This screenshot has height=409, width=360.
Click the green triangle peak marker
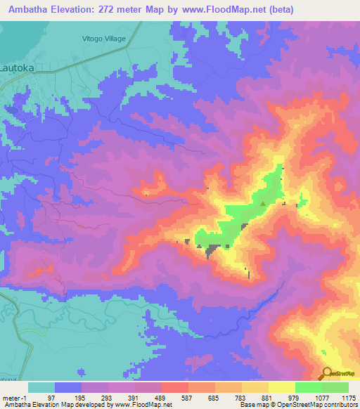click(263, 204)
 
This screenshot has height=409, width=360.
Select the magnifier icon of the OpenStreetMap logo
click(326, 373)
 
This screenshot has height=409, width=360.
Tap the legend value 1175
click(347, 398)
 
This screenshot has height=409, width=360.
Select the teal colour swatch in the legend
click(41, 387)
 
